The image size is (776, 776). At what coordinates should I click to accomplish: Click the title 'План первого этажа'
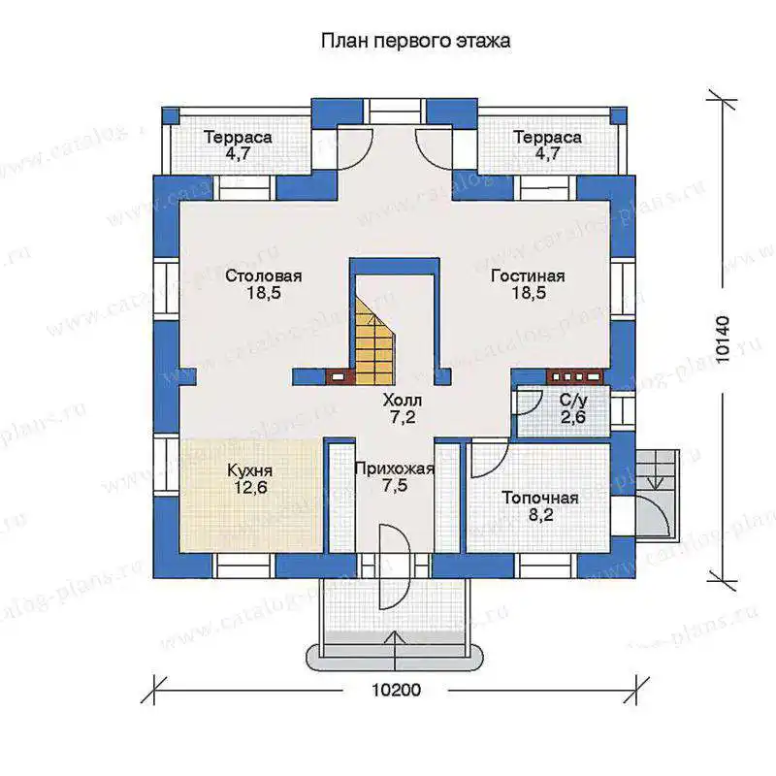coord(416,41)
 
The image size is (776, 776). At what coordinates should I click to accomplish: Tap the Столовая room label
coord(263,275)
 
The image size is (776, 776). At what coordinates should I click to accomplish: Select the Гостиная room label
coord(528,275)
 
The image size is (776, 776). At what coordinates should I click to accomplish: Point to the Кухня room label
coord(250,470)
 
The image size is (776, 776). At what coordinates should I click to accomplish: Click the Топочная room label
coord(540,498)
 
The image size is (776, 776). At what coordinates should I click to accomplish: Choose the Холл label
coord(403,400)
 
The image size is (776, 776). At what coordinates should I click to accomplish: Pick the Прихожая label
coord(395,469)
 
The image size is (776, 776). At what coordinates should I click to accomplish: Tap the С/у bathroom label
coord(573,400)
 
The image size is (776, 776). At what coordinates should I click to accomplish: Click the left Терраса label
coord(238,137)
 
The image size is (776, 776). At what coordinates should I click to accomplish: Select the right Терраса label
coord(547,137)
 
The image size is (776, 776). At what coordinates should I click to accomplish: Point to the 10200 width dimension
coord(396,690)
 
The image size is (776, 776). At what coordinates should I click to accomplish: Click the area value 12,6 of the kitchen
coord(250,488)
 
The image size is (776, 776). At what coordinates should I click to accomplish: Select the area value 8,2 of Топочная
coord(540,515)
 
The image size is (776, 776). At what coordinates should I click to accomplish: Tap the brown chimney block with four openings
coord(575,377)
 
